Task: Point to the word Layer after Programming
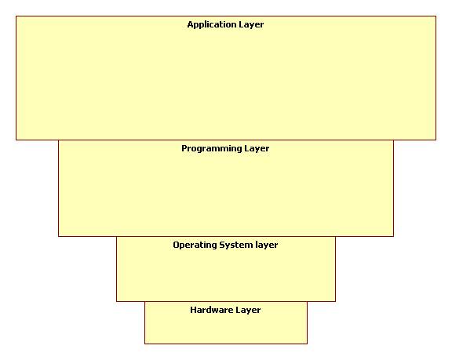click(x=257, y=149)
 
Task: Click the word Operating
click(x=195, y=245)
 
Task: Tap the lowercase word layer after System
click(x=267, y=245)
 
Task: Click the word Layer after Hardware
click(x=248, y=310)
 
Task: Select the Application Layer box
click(x=226, y=78)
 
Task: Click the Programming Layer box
click(x=226, y=188)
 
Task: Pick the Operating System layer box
click(x=226, y=269)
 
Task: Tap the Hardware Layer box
click(x=226, y=323)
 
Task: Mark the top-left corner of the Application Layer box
click(x=16, y=16)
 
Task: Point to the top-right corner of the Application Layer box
click(x=436, y=16)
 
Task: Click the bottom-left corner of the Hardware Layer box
click(x=144, y=344)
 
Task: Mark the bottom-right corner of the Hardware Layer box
click(x=308, y=344)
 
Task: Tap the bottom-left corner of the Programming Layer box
click(x=59, y=236)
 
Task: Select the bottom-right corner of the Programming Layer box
click(x=393, y=236)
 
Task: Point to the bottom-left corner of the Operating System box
click(x=116, y=301)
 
